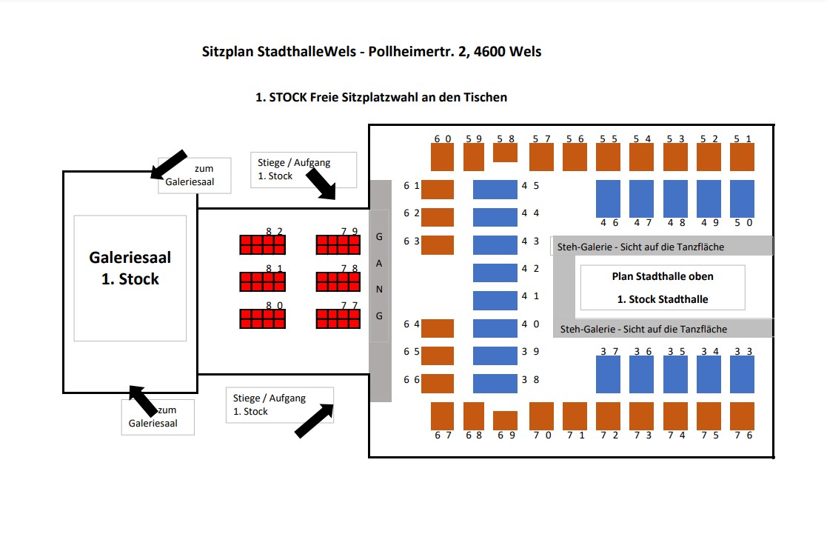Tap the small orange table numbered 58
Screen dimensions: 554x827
(x=505, y=153)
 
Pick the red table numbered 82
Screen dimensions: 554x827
(x=262, y=244)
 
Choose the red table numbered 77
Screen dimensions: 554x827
(x=339, y=318)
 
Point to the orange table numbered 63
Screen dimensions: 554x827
(x=437, y=244)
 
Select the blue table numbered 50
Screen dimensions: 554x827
(x=742, y=198)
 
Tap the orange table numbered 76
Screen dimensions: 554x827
(x=742, y=415)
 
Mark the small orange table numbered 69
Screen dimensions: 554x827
(x=505, y=420)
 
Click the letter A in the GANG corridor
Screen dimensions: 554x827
(x=380, y=264)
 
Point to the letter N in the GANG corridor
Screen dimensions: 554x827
(x=380, y=290)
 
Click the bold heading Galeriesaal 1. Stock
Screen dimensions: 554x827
(x=130, y=268)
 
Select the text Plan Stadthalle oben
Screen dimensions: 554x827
(x=663, y=276)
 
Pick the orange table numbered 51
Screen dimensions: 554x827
(x=742, y=157)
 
